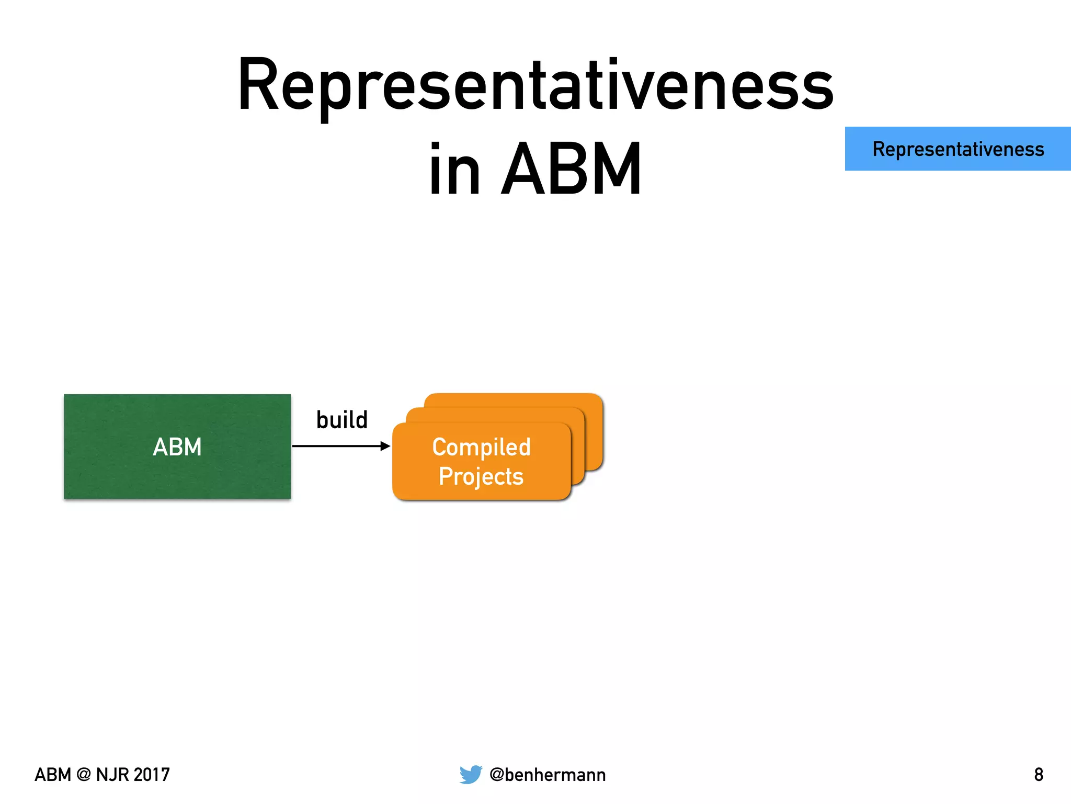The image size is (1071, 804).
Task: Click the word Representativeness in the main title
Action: coord(535,86)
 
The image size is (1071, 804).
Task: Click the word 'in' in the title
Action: coord(454,170)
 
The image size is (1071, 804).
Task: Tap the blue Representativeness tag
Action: coord(958,149)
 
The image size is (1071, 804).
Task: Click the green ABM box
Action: coord(177,446)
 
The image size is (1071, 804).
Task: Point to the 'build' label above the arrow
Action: coord(342,420)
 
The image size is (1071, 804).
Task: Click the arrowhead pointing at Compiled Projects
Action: coord(385,446)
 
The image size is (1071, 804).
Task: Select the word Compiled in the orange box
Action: coord(481,448)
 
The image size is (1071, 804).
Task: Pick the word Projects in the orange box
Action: coord(481,476)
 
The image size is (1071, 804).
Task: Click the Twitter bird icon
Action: coord(470,774)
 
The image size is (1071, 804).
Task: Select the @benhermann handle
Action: coord(548,775)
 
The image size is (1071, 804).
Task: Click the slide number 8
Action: coord(1039,775)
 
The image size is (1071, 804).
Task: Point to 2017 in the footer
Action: coord(151,775)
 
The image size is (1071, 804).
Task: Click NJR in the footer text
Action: coord(111,775)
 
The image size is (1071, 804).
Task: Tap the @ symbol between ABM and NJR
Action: coord(83,775)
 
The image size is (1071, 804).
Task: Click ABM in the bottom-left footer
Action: coord(53,775)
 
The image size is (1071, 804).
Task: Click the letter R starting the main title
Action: coord(258,85)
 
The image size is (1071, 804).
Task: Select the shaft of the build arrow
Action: coord(335,446)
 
